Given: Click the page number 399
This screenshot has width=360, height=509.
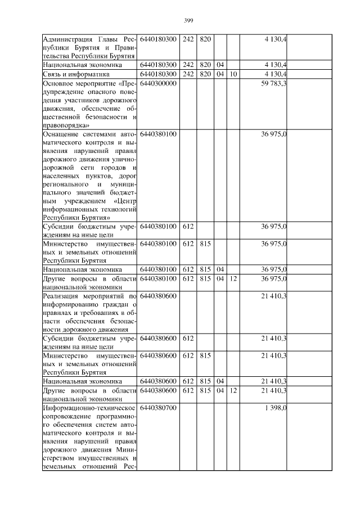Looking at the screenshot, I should click(x=188, y=20).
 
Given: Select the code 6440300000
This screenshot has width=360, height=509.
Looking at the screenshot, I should click(x=158, y=83).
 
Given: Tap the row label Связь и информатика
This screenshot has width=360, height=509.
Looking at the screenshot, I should click(x=76, y=74).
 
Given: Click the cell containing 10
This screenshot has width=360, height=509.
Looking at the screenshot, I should click(x=233, y=74).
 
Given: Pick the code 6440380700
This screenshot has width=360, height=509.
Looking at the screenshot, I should click(x=158, y=408).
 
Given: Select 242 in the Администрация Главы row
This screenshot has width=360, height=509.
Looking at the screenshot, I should click(x=188, y=38).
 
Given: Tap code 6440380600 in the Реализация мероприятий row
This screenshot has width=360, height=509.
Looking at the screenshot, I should click(x=158, y=295).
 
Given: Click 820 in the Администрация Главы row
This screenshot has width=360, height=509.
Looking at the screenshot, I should click(x=205, y=38).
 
